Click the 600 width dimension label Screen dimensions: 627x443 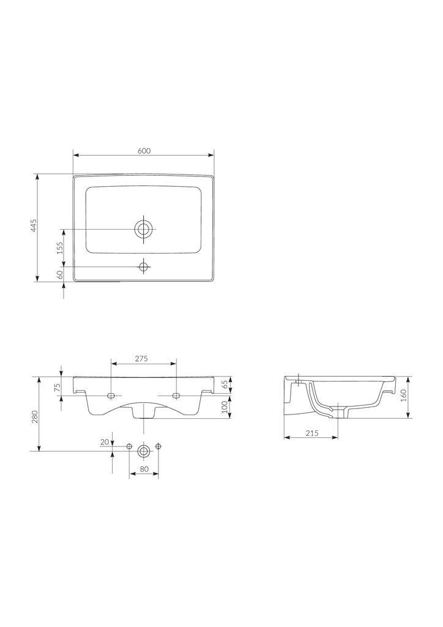coord(144,151)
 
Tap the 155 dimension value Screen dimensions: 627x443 coord(59,247)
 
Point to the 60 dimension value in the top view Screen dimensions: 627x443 coord(59,275)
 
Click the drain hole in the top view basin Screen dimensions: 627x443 coord(144,229)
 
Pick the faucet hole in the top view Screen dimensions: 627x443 coord(144,266)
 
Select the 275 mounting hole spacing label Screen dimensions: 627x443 coord(141,359)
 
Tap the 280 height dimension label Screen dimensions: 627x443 coord(35,416)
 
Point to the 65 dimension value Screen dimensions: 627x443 coord(225,384)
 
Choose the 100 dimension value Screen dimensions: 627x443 coord(225,405)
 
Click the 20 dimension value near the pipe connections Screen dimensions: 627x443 coord(104,442)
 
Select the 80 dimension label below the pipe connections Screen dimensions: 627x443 coord(144,470)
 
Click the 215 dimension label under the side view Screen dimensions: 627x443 coord(311,433)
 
